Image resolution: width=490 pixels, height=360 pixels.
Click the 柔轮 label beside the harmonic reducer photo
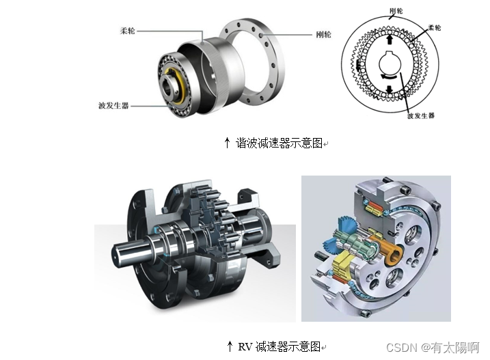tap(128, 31)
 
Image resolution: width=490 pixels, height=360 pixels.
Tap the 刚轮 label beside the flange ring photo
tap(323, 34)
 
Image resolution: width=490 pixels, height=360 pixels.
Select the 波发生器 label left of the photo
tap(113, 106)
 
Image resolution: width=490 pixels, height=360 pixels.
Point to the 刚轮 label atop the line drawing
tap(396, 11)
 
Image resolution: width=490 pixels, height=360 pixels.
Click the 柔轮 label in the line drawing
tap(435, 28)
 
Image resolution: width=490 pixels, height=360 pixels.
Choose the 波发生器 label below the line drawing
tap(421, 116)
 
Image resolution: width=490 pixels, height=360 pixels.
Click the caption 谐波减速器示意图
tap(279, 143)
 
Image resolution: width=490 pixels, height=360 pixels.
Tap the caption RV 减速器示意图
tap(280, 346)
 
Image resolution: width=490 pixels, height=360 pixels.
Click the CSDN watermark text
tap(433, 348)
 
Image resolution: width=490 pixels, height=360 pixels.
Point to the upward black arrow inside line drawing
tap(390, 40)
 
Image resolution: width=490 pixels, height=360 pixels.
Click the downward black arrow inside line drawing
tap(389, 89)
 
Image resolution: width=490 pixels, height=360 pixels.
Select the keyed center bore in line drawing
tap(390, 63)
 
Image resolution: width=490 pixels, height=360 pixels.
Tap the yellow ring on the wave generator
tap(180, 86)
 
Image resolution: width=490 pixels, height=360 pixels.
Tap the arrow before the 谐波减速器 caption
tap(227, 143)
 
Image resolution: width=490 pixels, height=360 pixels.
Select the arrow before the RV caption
tap(230, 346)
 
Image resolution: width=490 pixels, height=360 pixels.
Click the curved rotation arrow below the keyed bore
tap(388, 77)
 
